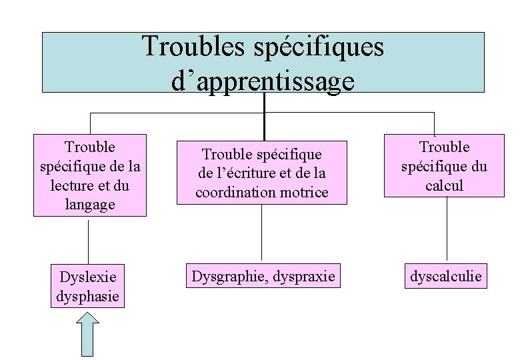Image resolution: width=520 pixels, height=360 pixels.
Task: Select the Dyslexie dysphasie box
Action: point(88,286)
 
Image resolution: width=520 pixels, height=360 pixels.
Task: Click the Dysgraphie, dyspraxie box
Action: point(263,275)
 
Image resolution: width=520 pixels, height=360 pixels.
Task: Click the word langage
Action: point(89,204)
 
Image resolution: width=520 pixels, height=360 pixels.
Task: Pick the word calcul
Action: point(444,185)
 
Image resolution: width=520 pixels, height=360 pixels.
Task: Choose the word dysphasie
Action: point(88,294)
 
